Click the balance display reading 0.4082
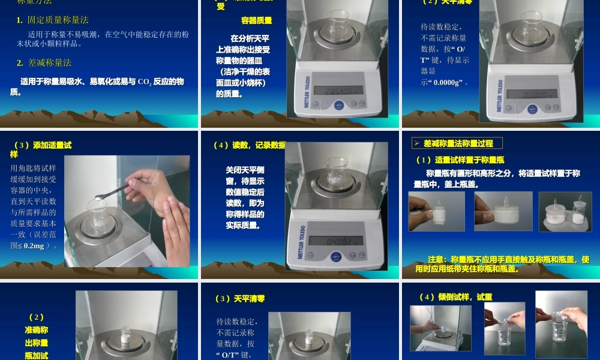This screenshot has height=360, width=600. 336,241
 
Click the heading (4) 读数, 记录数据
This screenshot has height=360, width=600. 249,145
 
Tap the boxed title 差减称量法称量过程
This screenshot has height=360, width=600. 458,143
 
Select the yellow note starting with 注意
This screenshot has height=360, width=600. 502,264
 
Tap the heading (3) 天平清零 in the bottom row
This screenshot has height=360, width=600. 241,299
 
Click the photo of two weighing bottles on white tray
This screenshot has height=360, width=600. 565,211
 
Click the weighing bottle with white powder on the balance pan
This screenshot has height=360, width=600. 125,336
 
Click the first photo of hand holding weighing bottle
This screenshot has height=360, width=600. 436,211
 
